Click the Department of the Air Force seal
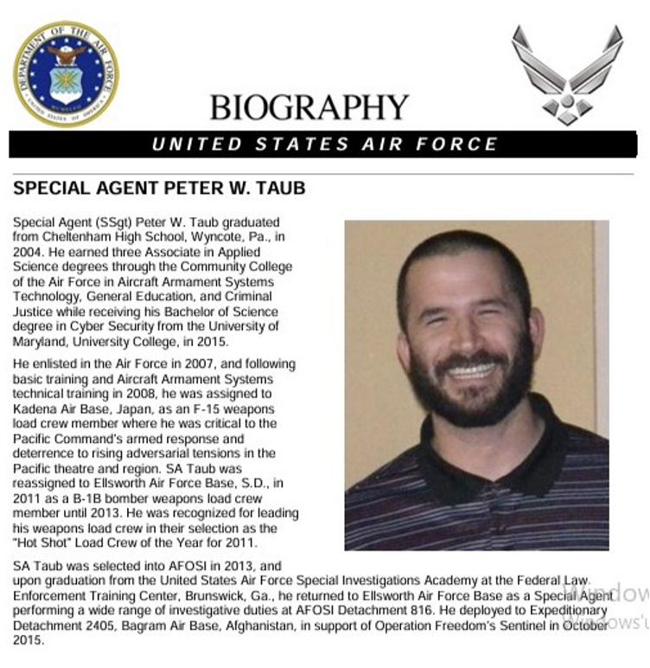tap(66, 74)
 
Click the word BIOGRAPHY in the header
tap(309, 107)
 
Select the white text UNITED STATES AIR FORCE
tap(324, 145)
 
